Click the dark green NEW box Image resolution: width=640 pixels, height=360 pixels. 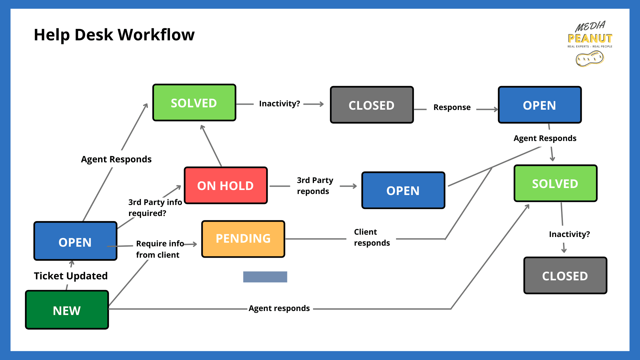[67, 310]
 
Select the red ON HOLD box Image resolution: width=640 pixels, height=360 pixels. [226, 186]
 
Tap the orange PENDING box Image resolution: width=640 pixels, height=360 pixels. [243, 239]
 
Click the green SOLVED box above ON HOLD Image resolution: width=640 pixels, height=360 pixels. [194, 103]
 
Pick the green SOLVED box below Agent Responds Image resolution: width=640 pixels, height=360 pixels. [555, 183]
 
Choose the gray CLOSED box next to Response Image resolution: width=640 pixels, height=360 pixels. [372, 105]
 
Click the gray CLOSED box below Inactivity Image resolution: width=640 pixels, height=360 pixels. [565, 276]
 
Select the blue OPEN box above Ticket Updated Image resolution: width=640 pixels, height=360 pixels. [75, 241]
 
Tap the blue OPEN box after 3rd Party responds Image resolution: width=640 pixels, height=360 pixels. [403, 190]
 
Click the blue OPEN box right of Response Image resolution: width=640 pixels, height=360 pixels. [539, 105]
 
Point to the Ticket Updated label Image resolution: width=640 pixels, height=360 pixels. [71, 276]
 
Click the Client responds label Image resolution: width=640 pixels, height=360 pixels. [371, 237]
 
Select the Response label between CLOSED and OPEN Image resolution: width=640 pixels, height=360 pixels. [452, 107]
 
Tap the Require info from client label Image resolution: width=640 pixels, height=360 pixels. [159, 249]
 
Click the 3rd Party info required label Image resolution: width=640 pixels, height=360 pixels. [155, 207]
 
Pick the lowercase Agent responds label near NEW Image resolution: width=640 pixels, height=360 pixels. [279, 308]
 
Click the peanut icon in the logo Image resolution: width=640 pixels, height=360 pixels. [589, 59]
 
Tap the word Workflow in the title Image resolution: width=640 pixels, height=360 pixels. [156, 35]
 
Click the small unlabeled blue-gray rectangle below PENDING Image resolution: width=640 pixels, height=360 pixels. [265, 277]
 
